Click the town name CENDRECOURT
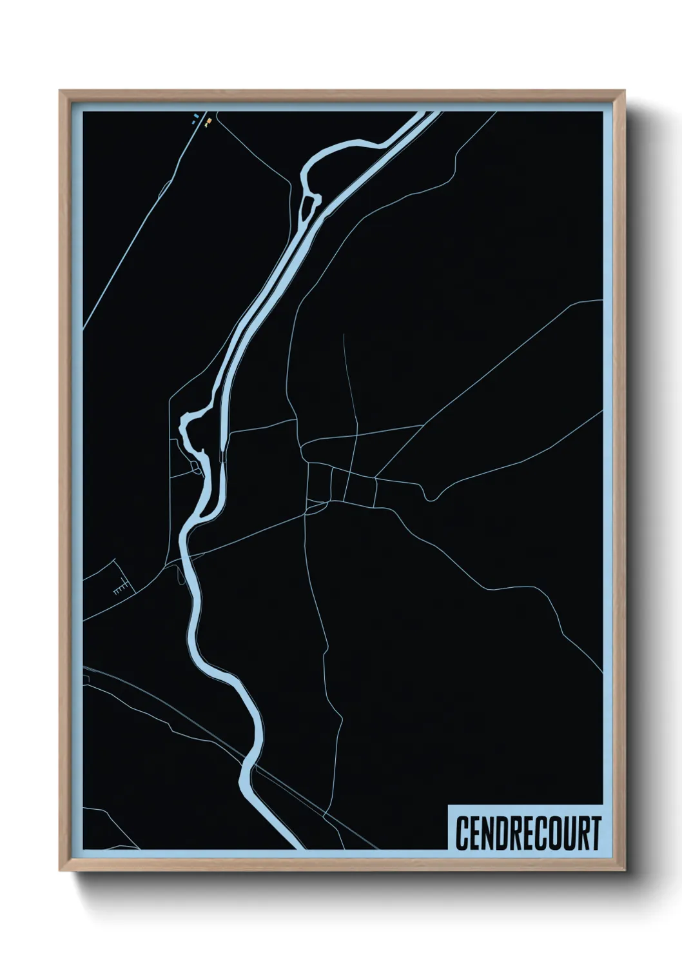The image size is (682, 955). pyautogui.click(x=528, y=833)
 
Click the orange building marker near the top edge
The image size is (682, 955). pyautogui.click(x=208, y=120)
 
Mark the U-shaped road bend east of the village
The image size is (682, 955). pyautogui.click(x=429, y=497)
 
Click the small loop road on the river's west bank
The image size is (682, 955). pyautogui.click(x=195, y=468)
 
